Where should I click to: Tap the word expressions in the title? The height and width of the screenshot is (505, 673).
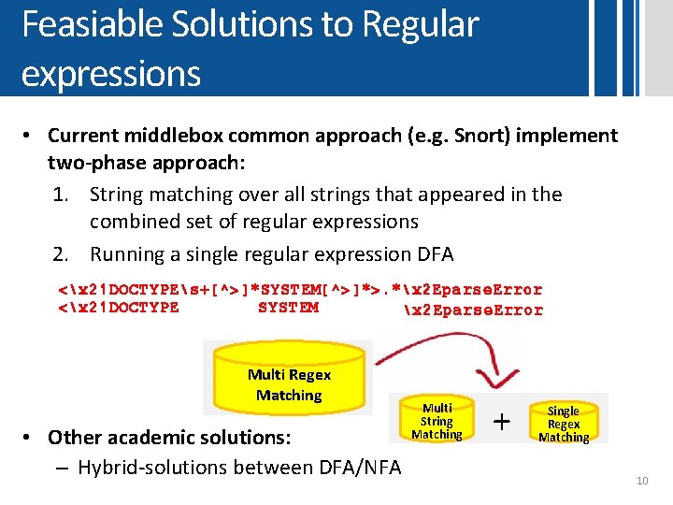click(110, 73)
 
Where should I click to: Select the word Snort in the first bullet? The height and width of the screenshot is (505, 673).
click(478, 136)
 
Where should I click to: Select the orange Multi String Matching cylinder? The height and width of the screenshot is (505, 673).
click(437, 421)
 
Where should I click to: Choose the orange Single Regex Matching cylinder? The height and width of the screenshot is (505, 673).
click(564, 424)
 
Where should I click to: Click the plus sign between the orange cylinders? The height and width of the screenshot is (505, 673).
click(502, 422)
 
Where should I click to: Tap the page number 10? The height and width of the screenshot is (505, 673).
click(641, 481)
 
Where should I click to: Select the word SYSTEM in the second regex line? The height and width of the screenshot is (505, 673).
click(288, 308)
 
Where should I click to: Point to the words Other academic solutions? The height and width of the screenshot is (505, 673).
click(169, 438)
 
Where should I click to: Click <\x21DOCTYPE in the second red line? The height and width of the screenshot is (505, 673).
click(119, 308)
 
